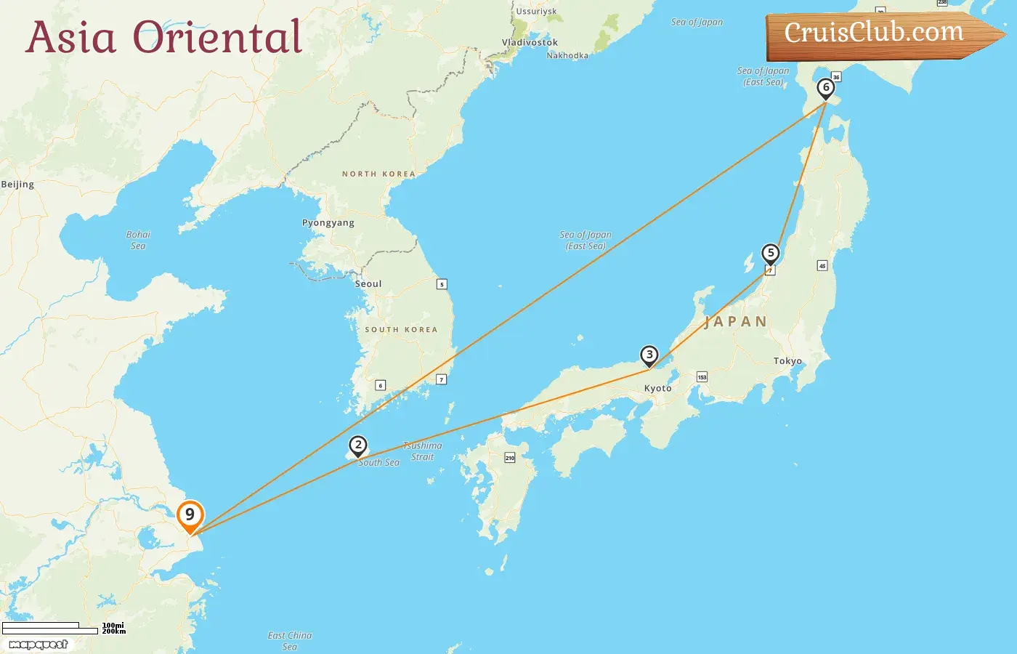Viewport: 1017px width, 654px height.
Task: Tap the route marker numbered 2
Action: [x=358, y=445]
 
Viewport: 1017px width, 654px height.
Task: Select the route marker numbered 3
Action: [x=649, y=355]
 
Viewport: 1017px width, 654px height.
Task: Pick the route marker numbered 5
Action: [x=771, y=254]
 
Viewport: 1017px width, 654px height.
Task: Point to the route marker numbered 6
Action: [x=825, y=88]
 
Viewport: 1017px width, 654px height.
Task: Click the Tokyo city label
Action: [x=787, y=361]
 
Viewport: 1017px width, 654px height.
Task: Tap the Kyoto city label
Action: [x=657, y=389]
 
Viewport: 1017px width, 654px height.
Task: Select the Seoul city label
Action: [x=368, y=284]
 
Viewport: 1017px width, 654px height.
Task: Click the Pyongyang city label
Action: [x=328, y=223]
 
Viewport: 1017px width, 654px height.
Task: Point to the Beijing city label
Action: [x=17, y=185]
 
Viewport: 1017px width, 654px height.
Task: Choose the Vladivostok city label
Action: [x=530, y=43]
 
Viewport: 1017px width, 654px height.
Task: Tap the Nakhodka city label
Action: [x=567, y=55]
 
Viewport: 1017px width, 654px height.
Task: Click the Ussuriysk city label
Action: [x=536, y=12]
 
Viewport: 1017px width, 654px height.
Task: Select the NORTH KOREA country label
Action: [x=378, y=174]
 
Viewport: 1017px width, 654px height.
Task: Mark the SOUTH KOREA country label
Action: [x=401, y=330]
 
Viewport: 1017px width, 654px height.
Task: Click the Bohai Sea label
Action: [x=138, y=241]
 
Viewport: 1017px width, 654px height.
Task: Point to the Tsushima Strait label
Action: [x=422, y=451]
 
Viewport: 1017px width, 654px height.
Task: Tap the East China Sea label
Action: [x=289, y=641]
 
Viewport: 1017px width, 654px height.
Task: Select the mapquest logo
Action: [x=39, y=645]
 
